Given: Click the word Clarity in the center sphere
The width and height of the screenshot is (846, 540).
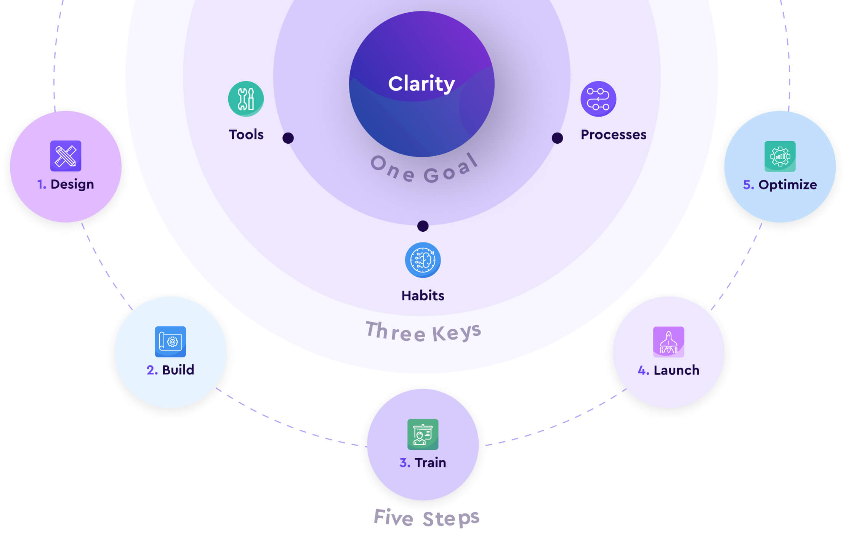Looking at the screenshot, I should click(x=421, y=84).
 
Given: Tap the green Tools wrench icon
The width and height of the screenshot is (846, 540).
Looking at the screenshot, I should click(x=246, y=99).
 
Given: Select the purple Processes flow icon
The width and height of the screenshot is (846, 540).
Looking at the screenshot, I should click(x=598, y=99).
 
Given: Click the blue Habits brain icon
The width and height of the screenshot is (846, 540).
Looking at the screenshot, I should click(x=423, y=260).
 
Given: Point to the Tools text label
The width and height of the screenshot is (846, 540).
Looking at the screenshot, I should click(x=246, y=135).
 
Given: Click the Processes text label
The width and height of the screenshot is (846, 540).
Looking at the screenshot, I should click(x=613, y=135).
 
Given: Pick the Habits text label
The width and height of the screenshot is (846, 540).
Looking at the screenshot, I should click(x=423, y=296).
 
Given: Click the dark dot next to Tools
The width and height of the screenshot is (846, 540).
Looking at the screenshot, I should click(x=288, y=138).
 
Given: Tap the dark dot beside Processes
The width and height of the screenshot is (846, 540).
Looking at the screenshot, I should click(x=557, y=138).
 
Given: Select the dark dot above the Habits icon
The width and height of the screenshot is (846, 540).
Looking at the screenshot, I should click(x=423, y=226).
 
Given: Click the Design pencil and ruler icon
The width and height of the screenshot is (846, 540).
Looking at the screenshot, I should click(x=66, y=156).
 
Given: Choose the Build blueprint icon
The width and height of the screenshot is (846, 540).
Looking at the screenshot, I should click(x=170, y=341).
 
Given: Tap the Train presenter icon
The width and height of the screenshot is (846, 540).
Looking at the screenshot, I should click(x=423, y=434).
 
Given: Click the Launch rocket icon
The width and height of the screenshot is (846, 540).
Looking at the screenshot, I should click(x=668, y=341).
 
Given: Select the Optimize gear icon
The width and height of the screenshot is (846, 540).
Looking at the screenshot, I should click(x=780, y=156).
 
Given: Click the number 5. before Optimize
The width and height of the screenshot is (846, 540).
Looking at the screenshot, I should click(x=748, y=185).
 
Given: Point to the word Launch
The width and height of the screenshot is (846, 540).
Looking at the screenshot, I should click(x=676, y=370).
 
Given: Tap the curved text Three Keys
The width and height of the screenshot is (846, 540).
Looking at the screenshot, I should click(x=423, y=332).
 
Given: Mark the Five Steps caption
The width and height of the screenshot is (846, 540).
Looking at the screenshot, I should click(x=426, y=518).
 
